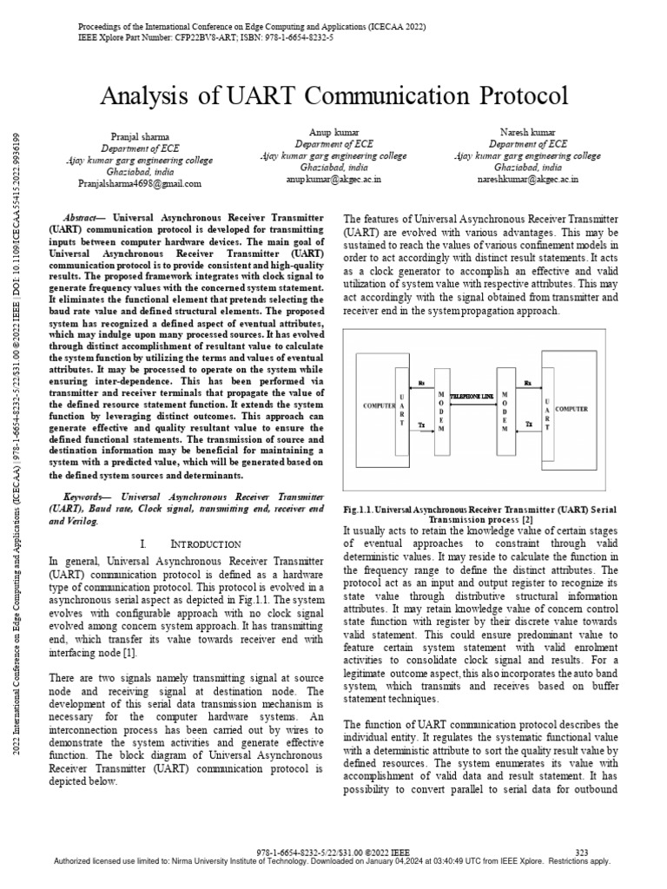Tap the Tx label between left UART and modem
click(x=421, y=425)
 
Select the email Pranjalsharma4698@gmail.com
click(x=140, y=184)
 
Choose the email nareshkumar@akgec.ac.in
click(x=527, y=179)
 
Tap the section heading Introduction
click(x=206, y=543)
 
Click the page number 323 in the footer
click(x=582, y=852)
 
